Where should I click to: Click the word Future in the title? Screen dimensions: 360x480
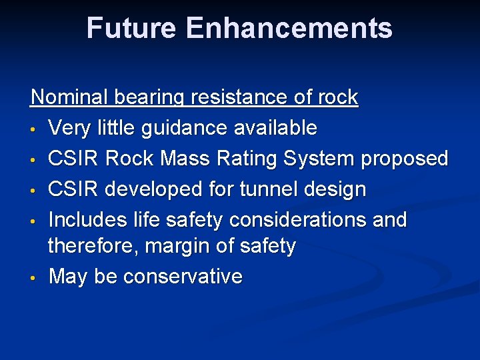pyautogui.click(x=131, y=28)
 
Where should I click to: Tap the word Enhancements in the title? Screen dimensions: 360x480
pyautogui.click(x=289, y=28)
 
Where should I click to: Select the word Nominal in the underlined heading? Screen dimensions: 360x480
pyautogui.click(x=70, y=97)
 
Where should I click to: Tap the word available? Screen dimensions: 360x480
pyautogui.click(x=277, y=127)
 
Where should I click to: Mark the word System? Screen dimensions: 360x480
pyautogui.click(x=316, y=159)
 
